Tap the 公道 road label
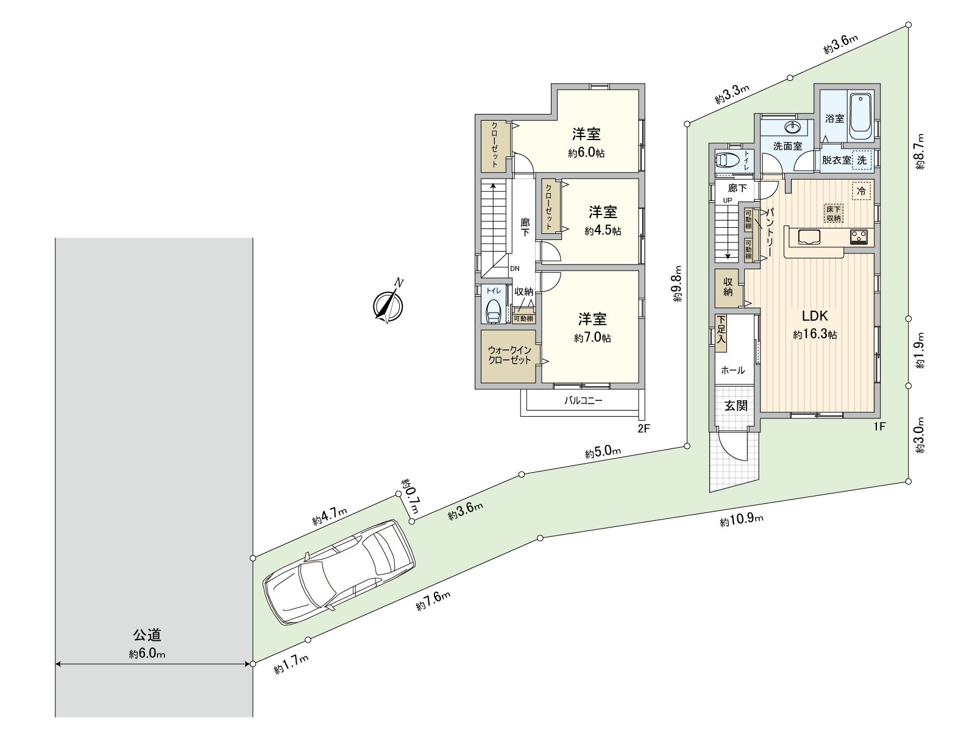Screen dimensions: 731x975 point(147,635)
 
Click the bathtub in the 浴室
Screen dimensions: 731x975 point(861,114)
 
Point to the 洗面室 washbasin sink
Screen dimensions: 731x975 point(793,127)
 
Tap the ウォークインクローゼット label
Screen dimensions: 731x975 point(509,355)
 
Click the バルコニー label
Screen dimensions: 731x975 point(583,401)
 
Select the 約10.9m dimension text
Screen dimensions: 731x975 point(741,520)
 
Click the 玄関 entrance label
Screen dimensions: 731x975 point(736,406)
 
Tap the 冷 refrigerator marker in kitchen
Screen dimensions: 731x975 point(862,191)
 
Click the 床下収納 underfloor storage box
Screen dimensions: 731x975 point(834,213)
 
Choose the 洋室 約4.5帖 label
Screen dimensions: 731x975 point(603,221)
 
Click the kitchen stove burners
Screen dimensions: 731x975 point(859,236)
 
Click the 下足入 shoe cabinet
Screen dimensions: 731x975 point(721,333)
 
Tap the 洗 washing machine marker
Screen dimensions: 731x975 point(862,160)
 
